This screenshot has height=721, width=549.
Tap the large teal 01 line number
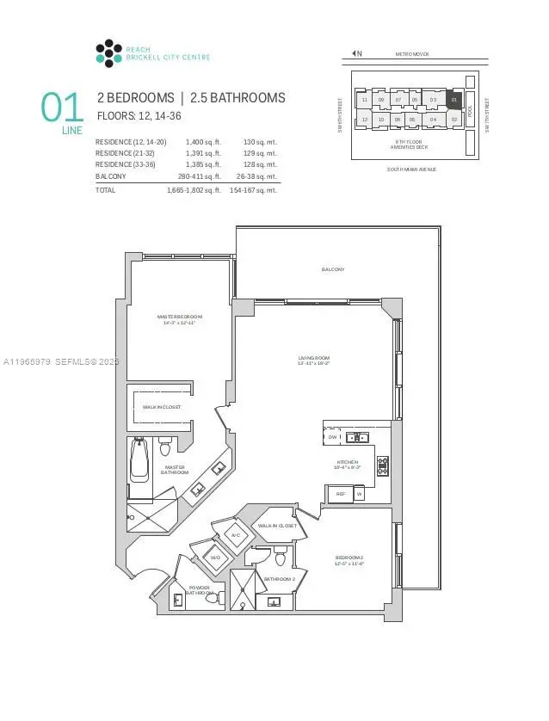(x=63, y=108)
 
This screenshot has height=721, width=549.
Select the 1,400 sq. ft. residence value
(x=204, y=141)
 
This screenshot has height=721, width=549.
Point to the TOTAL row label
(x=105, y=189)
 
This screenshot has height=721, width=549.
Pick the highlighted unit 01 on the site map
(x=455, y=100)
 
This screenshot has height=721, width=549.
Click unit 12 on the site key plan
(x=365, y=120)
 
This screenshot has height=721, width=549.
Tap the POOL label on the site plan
(x=470, y=110)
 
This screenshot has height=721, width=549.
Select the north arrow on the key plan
(x=355, y=54)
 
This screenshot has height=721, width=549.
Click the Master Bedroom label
(x=177, y=319)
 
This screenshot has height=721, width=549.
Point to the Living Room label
(x=313, y=360)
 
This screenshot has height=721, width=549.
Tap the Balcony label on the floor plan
(x=333, y=269)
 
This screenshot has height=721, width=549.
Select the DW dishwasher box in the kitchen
(x=332, y=437)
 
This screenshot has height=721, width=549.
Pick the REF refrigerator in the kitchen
(x=340, y=494)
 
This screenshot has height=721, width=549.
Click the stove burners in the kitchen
(x=383, y=465)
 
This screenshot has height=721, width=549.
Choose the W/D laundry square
(x=216, y=557)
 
